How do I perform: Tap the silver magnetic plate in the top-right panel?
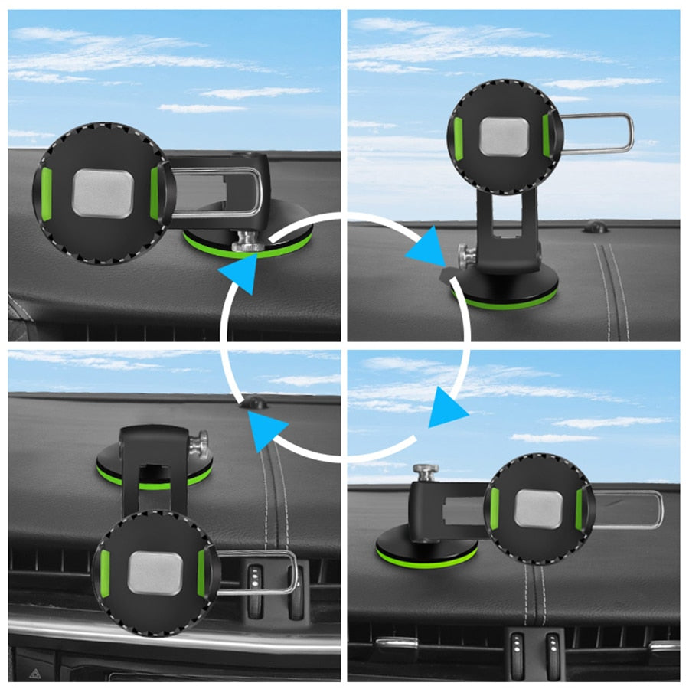click(504, 136)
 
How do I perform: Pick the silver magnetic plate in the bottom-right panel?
click(538, 508)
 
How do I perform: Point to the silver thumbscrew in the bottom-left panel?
click(201, 443)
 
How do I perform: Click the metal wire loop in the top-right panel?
click(601, 133)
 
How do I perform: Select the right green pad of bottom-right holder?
click(580, 508)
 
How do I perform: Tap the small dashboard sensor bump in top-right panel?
click(595, 227)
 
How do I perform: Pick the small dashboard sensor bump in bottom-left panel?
click(255, 402)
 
